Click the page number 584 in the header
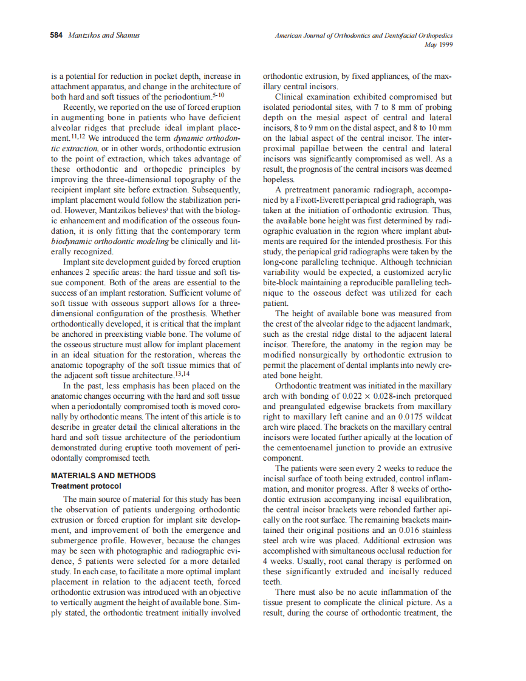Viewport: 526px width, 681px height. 56,35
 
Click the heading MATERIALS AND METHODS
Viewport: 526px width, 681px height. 103,476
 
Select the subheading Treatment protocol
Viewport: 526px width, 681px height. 86,486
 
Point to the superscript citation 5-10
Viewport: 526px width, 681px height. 219,94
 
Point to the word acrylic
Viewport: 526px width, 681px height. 437,273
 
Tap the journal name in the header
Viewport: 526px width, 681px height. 364,35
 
